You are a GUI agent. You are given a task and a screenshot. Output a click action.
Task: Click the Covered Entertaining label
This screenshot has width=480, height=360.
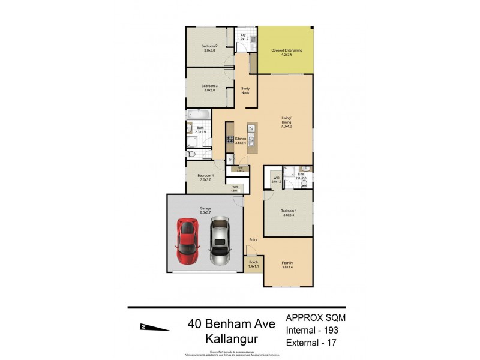[x=286, y=50]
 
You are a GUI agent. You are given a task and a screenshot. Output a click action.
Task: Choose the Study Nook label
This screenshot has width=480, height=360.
[x=245, y=91]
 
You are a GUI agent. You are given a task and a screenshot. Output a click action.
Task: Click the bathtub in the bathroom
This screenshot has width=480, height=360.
[x=197, y=114]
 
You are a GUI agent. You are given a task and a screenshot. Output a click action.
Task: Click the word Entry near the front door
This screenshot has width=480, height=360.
[x=253, y=240]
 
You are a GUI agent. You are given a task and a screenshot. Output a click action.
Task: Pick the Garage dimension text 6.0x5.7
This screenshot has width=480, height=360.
[x=205, y=212]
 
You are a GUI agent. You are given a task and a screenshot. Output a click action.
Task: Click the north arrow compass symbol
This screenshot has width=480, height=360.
[x=154, y=326]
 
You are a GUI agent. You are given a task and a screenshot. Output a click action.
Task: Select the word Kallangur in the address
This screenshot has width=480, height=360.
[x=231, y=340]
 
